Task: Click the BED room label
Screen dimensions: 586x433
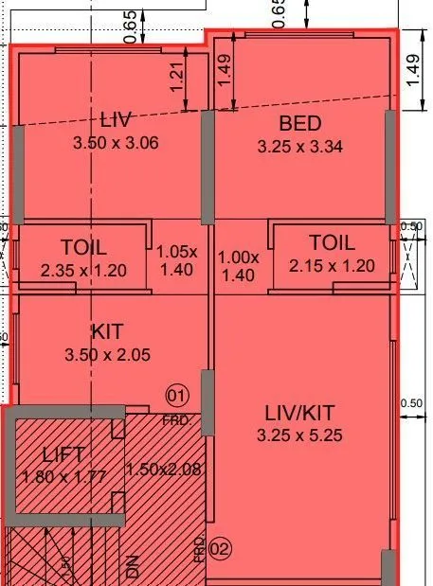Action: click(299, 123)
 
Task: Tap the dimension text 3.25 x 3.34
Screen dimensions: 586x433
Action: click(299, 147)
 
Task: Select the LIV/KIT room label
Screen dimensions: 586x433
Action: click(299, 413)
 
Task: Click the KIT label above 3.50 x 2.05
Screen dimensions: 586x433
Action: click(107, 332)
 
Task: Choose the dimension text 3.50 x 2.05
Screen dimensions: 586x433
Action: click(107, 355)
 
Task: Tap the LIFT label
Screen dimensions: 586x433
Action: click(64, 453)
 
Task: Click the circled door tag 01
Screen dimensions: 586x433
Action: click(177, 394)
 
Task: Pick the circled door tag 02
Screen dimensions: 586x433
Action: click(220, 547)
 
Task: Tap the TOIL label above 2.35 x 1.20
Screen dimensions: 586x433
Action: click(83, 247)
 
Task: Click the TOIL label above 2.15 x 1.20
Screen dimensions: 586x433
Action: click(332, 243)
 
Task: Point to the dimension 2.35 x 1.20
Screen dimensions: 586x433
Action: click(83, 270)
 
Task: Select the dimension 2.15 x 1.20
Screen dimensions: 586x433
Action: click(332, 266)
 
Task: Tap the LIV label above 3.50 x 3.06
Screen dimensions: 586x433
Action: click(115, 120)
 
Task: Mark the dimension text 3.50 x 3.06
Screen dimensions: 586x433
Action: click(115, 143)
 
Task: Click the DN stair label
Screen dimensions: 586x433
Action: click(133, 566)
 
